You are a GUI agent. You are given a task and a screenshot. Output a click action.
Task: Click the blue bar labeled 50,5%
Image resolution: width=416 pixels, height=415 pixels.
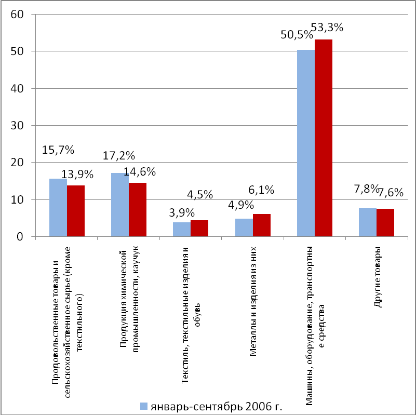click(x=305, y=143)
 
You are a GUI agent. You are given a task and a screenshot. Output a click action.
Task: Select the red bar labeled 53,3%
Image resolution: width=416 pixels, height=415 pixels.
click(x=324, y=138)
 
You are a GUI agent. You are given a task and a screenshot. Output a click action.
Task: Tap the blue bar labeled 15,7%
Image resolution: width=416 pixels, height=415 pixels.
click(x=58, y=208)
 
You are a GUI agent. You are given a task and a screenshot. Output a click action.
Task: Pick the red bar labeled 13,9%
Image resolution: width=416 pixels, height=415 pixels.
click(x=76, y=211)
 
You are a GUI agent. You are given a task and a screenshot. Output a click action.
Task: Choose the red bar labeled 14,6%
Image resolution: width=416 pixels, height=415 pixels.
click(x=138, y=210)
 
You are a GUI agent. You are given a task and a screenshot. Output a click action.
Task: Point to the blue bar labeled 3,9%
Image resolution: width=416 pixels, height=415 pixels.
click(x=182, y=230)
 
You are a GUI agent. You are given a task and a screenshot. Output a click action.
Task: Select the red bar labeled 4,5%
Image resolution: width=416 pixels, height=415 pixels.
click(x=199, y=229)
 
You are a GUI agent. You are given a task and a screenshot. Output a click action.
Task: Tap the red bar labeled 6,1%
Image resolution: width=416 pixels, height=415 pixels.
click(x=262, y=225)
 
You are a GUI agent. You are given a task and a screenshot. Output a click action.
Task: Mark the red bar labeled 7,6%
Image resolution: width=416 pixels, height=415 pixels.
click(x=385, y=223)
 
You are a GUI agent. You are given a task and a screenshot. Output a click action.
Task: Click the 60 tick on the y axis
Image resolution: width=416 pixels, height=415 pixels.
click(x=17, y=14)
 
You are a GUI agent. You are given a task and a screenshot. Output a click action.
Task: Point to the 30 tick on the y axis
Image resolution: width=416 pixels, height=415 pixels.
click(x=17, y=126)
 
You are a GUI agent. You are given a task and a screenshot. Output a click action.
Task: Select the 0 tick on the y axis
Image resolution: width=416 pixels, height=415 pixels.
click(x=21, y=237)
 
